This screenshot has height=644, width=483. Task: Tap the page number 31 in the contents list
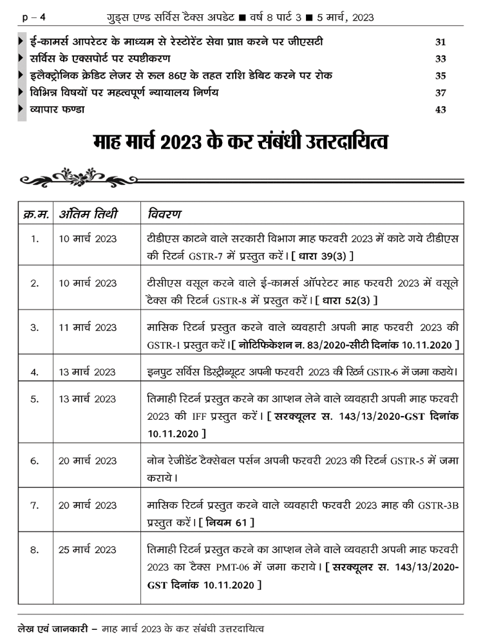[x=440, y=43]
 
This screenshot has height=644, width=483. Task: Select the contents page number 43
[x=440, y=109]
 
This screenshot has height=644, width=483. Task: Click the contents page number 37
[x=440, y=93]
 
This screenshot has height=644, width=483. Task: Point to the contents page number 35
[x=440, y=76]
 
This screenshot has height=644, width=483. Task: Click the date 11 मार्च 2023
[x=88, y=328]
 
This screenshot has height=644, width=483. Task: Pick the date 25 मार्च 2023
[x=88, y=550]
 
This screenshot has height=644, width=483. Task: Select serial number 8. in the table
[x=35, y=550]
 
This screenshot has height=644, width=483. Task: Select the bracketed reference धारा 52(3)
[x=347, y=301]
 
